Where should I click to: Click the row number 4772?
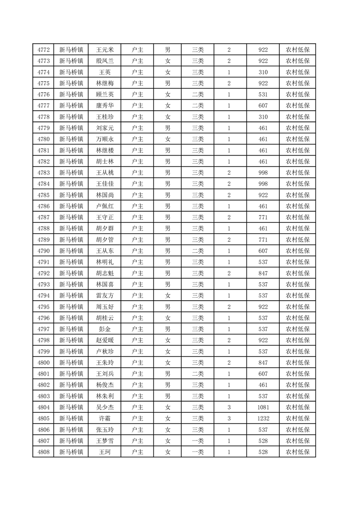tap(44, 50)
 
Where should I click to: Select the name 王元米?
tap(105, 50)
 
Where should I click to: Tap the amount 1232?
tap(263, 418)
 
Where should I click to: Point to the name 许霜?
tap(105, 418)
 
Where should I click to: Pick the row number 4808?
tap(44, 452)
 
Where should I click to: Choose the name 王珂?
tap(105, 452)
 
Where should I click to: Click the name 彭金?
tap(105, 329)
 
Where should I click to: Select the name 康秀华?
tap(105, 106)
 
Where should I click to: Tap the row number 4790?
tap(44, 251)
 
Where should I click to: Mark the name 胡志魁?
tap(105, 273)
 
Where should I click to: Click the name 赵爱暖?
tap(105, 340)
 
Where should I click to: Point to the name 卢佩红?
tap(105, 206)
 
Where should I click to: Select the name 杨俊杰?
tap(105, 385)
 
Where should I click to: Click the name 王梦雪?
tap(105, 440)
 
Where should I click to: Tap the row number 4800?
tap(44, 362)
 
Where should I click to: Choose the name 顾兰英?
tap(105, 94)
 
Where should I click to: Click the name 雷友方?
tap(105, 295)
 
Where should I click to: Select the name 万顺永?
tap(105, 139)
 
